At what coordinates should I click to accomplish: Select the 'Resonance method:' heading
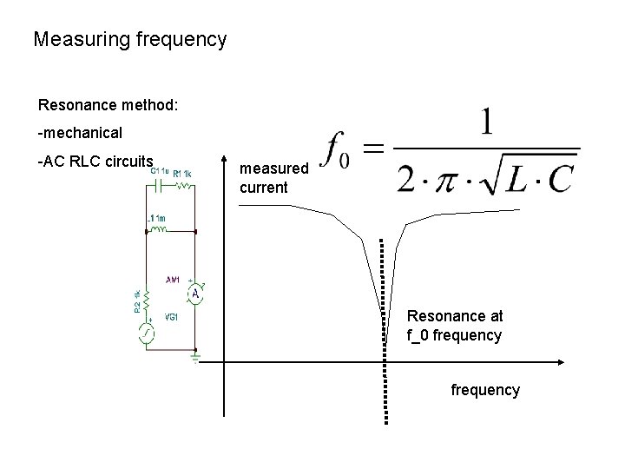pos(109,105)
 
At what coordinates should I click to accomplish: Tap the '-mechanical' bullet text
pos(80,133)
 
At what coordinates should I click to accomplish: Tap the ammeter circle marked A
pos(196,295)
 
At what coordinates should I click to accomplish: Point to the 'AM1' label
pos(174,280)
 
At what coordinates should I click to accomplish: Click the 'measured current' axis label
pos(273,175)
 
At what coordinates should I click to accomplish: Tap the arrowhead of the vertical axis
pos(224,168)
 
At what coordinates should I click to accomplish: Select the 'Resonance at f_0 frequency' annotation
pos(455,326)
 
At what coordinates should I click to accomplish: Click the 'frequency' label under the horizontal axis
pos(485,390)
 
